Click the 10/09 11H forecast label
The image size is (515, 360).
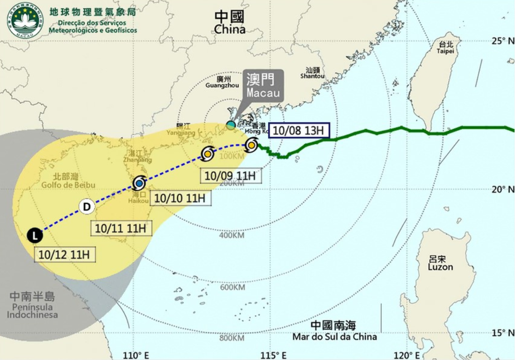point(230,176)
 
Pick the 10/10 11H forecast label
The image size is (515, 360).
point(180,198)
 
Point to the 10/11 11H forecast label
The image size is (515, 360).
point(121,228)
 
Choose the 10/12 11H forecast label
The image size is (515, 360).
point(64,255)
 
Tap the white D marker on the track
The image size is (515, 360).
point(86,206)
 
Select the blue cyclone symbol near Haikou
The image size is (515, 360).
point(139,183)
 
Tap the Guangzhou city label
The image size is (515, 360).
point(222,82)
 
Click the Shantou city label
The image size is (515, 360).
point(312,72)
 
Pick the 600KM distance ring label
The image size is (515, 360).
point(232,287)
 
